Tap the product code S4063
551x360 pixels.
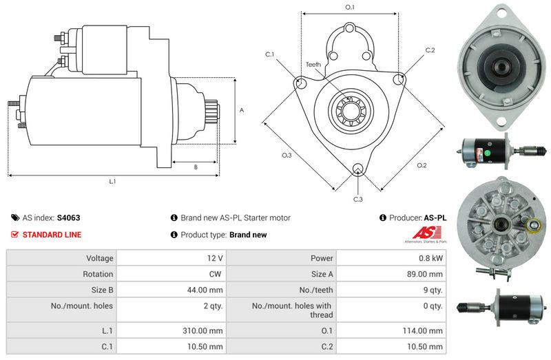click(x=69, y=218)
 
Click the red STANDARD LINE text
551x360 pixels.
click(x=52, y=235)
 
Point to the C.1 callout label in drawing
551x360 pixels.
click(x=269, y=54)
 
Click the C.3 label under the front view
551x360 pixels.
click(x=357, y=199)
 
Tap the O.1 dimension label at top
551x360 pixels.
click(x=349, y=8)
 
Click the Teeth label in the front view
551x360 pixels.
click(x=313, y=64)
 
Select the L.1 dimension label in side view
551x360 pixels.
click(x=112, y=182)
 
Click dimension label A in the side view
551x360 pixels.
click(x=241, y=109)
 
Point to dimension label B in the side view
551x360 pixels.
click(x=195, y=167)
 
